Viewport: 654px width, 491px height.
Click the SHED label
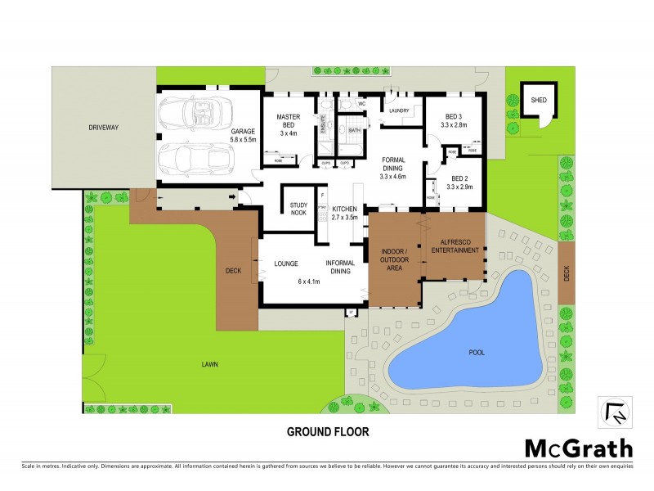click(538, 100)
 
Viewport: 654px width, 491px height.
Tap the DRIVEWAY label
click(104, 128)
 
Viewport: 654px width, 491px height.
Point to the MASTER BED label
click(289, 123)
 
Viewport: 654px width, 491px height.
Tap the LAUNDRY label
click(399, 110)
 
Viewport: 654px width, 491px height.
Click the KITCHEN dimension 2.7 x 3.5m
click(344, 218)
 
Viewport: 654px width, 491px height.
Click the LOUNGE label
click(285, 264)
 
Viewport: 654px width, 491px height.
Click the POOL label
click(477, 353)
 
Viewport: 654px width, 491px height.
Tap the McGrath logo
click(578, 448)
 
